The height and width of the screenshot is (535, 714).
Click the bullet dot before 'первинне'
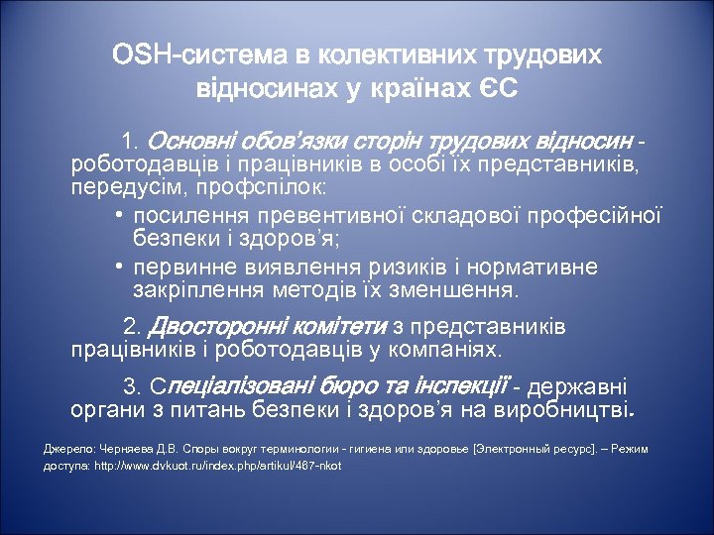pos(117,268)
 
